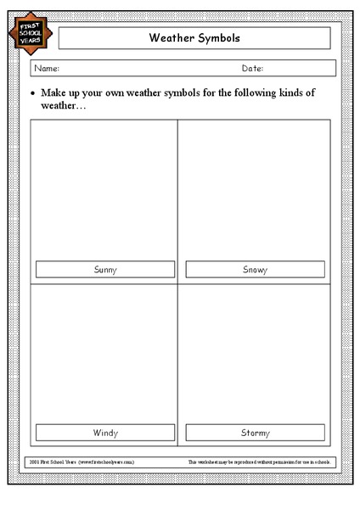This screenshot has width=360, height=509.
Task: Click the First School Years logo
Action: [x=33, y=35]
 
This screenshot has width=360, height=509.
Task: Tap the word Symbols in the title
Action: [x=218, y=38]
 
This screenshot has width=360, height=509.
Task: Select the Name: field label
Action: [x=46, y=69]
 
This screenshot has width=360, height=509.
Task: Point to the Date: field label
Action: [x=252, y=69]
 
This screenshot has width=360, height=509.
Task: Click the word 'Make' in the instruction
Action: [x=55, y=92]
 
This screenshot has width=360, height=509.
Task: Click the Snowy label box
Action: [x=255, y=270]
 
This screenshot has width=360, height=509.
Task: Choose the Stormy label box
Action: [x=255, y=433]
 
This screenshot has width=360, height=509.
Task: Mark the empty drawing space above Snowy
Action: [x=255, y=191]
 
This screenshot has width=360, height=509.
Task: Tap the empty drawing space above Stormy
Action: [x=255, y=352]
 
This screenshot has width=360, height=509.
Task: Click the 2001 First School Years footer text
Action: [x=82, y=461]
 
